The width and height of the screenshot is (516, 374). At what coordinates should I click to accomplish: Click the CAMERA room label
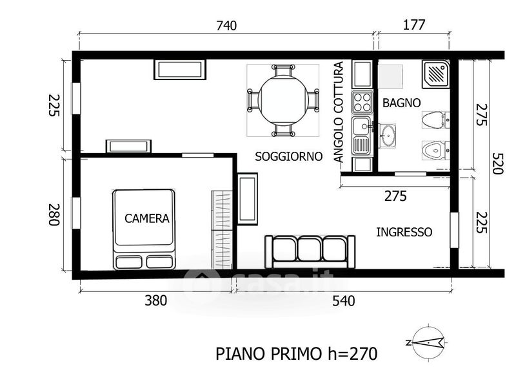(147, 218)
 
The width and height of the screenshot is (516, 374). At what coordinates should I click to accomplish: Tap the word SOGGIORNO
(288, 156)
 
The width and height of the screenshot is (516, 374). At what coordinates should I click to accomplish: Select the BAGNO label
(401, 103)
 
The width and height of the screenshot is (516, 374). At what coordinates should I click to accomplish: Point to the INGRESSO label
(404, 232)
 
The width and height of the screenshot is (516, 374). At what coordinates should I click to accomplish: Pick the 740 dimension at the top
(226, 25)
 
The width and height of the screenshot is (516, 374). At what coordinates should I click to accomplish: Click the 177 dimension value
(414, 25)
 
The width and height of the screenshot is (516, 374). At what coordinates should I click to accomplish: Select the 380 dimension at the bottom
(156, 300)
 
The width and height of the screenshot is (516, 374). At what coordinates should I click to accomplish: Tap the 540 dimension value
(344, 301)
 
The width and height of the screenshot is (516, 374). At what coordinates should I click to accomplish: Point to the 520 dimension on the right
(497, 163)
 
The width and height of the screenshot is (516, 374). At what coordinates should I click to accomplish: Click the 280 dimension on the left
(54, 214)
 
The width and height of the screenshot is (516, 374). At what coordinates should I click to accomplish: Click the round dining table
(283, 100)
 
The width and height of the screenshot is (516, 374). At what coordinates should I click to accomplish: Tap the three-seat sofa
(310, 252)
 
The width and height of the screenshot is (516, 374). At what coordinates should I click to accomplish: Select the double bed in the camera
(144, 229)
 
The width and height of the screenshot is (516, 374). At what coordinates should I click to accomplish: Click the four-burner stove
(362, 103)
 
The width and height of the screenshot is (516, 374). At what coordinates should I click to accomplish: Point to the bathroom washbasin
(388, 136)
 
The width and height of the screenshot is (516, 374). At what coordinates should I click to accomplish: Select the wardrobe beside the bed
(222, 230)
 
